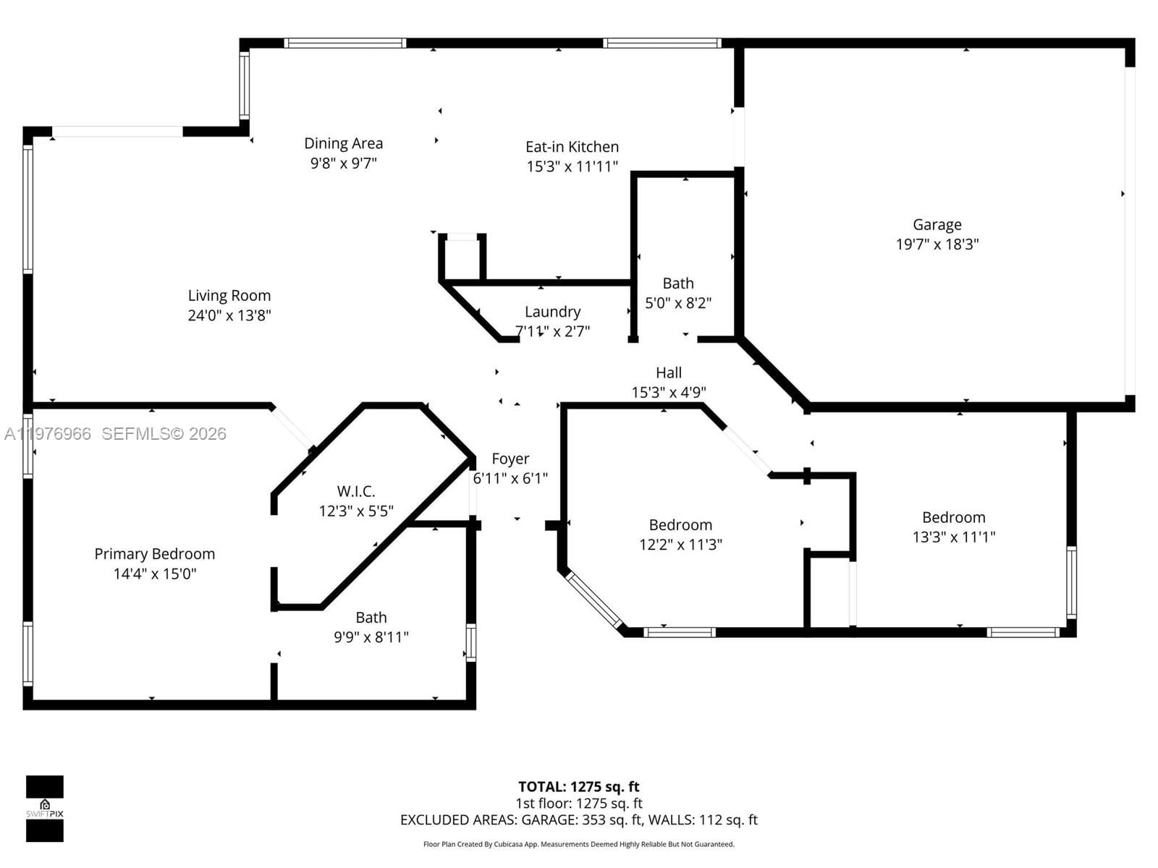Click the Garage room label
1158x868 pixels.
[937, 225]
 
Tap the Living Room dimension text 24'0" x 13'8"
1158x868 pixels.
[229, 315]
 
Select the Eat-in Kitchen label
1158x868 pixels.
[572, 147]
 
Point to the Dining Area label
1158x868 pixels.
[343, 143]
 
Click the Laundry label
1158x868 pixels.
[552, 312]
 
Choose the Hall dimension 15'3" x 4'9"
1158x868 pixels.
[668, 392]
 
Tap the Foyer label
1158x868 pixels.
[510, 459]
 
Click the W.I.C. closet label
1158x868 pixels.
[356, 491]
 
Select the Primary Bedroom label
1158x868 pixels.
[154, 554]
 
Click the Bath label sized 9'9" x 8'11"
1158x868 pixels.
[371, 618]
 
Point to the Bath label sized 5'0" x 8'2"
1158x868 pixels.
[677, 284]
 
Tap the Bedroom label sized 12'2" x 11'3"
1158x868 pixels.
[680, 525]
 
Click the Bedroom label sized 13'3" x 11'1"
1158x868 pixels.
[953, 517]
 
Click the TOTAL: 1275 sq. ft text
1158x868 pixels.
[578, 786]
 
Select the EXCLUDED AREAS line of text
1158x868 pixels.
[578, 820]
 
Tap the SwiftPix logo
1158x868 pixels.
[45, 808]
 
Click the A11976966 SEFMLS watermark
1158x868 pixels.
[116, 433]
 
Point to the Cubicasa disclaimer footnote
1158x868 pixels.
[578, 844]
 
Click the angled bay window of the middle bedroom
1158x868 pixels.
[593, 600]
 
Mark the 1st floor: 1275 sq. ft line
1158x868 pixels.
[578, 803]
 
